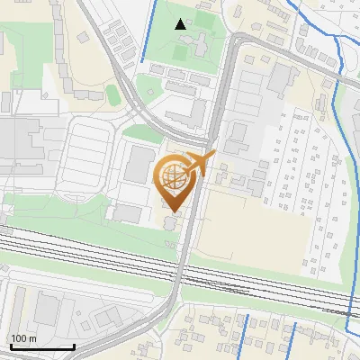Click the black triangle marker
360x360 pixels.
181,24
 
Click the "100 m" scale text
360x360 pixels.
23,338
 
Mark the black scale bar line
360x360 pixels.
41,346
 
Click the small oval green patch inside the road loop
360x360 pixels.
113,94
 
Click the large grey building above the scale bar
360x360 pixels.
46,310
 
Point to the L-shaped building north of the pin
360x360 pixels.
187,112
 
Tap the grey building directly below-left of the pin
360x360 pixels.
128,213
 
